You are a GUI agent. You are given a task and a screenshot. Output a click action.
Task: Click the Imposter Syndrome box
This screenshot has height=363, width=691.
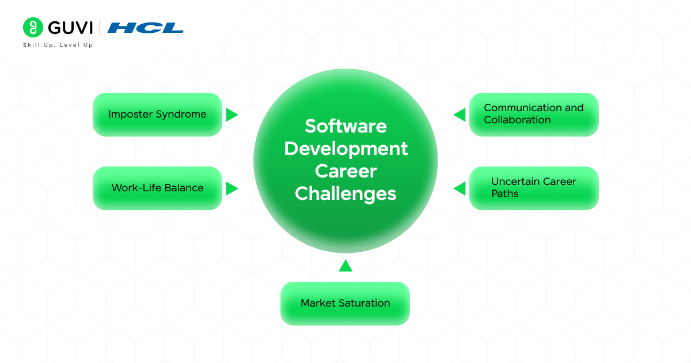click(157, 114)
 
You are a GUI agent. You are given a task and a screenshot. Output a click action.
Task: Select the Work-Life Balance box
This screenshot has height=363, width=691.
click(157, 188)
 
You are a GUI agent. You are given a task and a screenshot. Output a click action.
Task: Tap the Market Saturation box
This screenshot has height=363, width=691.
click(345, 303)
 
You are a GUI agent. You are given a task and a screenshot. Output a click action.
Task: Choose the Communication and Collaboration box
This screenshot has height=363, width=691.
click(534, 114)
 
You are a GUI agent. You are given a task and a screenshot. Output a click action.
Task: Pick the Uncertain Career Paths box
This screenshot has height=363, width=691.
click(534, 188)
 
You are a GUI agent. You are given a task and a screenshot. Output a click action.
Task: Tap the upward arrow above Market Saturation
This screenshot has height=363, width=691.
click(345, 266)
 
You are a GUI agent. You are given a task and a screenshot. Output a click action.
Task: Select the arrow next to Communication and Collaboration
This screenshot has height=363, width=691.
click(460, 115)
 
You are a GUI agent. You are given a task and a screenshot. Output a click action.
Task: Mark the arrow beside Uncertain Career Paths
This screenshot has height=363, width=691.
click(460, 188)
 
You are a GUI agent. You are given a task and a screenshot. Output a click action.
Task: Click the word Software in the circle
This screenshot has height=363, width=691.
click(345, 126)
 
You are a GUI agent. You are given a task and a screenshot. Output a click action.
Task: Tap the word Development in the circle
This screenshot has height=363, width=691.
click(345, 148)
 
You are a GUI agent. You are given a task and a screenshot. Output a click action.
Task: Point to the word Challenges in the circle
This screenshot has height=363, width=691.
click(345, 194)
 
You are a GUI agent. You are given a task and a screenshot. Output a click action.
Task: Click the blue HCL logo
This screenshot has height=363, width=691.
click(146, 28)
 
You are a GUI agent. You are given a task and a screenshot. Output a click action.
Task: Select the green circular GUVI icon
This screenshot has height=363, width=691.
click(33, 28)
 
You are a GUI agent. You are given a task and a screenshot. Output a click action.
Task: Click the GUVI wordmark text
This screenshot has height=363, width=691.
click(70, 28)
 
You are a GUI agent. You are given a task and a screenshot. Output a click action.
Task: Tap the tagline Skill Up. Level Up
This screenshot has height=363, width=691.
click(58, 45)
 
